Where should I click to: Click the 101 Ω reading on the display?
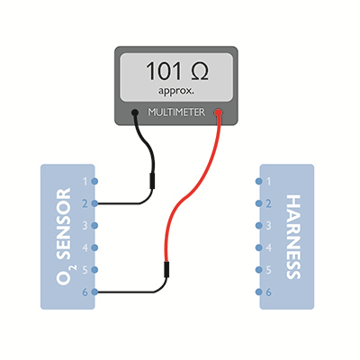(x=177, y=71)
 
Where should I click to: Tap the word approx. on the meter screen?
(x=176, y=91)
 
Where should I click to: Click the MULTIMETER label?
(x=176, y=112)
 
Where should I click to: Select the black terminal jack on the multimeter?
(x=135, y=112)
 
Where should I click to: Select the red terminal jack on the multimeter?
(x=218, y=112)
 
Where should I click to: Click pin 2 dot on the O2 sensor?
(x=94, y=203)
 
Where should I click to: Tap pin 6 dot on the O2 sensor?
(x=94, y=292)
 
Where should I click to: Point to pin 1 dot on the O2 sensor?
(x=94, y=181)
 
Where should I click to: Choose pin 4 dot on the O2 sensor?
(x=94, y=247)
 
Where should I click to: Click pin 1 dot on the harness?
(x=259, y=181)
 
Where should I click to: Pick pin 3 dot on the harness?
(x=259, y=225)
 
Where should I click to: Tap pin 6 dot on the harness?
(x=259, y=292)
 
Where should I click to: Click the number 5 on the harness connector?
(x=268, y=270)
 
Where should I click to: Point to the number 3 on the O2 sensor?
(x=85, y=226)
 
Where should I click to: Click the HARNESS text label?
(x=293, y=237)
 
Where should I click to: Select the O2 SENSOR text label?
(x=64, y=237)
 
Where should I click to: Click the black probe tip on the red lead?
(x=166, y=269)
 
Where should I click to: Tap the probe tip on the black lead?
(x=152, y=181)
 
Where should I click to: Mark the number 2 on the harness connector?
(x=268, y=203)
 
